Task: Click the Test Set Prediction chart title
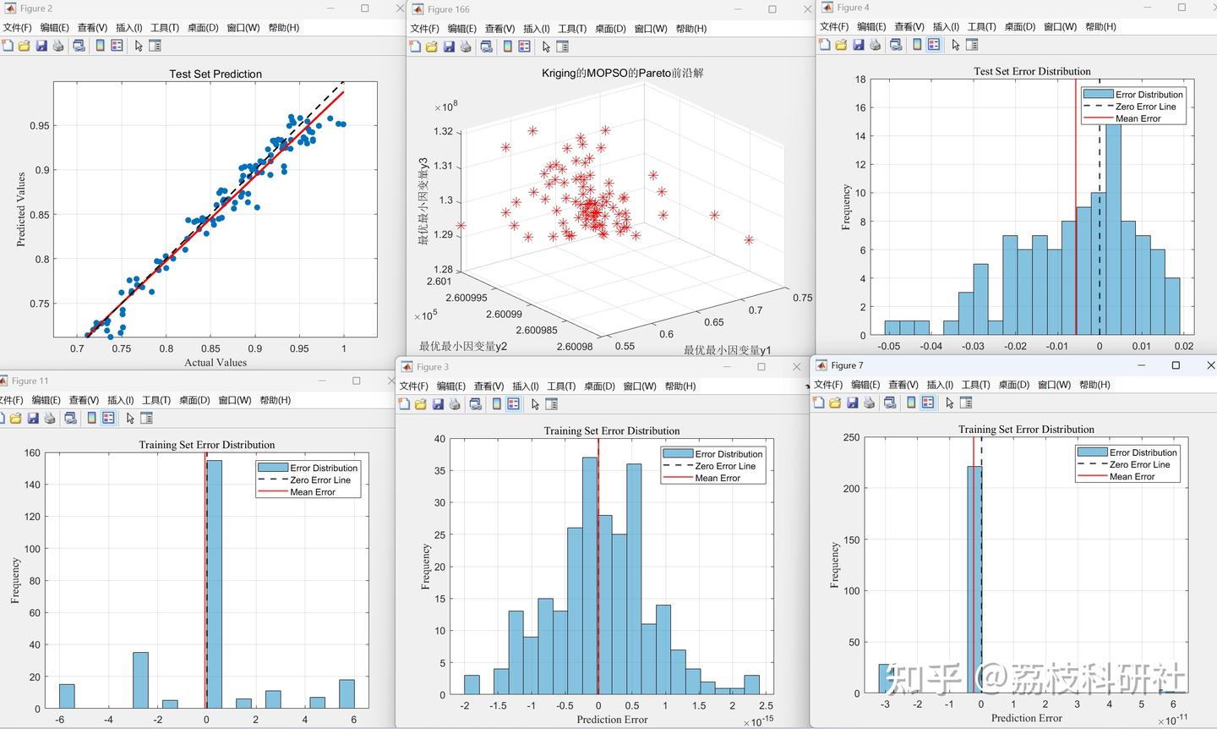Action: (216, 74)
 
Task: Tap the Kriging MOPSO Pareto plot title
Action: (622, 73)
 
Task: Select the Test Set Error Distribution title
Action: (1032, 71)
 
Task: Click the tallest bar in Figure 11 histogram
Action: (214, 584)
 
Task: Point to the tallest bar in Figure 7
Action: (974, 579)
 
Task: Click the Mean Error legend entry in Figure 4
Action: (1138, 118)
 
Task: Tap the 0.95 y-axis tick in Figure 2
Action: (39, 125)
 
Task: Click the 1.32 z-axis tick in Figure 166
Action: (443, 131)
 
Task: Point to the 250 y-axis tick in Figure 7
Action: (851, 437)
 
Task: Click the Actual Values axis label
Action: (216, 363)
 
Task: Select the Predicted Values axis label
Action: (21, 209)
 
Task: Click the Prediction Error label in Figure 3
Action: (612, 719)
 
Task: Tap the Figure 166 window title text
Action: (448, 9)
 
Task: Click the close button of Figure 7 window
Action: (1211, 365)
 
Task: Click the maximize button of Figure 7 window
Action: (1176, 365)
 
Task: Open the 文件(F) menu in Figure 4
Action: (833, 26)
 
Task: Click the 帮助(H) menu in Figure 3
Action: (679, 386)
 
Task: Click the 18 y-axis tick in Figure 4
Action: (860, 79)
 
